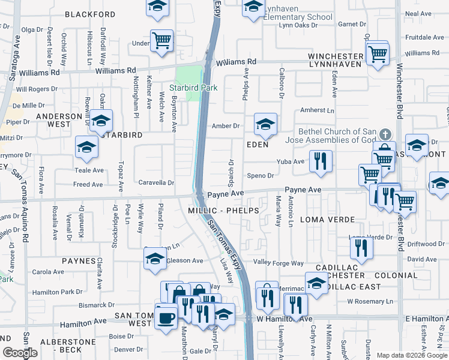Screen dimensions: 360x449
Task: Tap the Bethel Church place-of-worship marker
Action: [385, 134]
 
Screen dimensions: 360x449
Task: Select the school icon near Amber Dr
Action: [265, 124]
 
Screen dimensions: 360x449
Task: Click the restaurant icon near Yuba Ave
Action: [321, 161]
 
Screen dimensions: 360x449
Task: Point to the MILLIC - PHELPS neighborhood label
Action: [223, 211]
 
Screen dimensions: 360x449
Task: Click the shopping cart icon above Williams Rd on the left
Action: [161, 40]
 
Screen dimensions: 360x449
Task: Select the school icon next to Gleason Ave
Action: [155, 258]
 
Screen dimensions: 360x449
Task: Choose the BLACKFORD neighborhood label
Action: [90, 14]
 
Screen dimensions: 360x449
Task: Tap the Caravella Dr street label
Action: [157, 182]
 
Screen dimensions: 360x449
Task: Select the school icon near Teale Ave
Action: [86, 148]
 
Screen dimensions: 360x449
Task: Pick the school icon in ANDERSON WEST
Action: [101, 122]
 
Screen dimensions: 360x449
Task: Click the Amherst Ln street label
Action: [317, 110]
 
